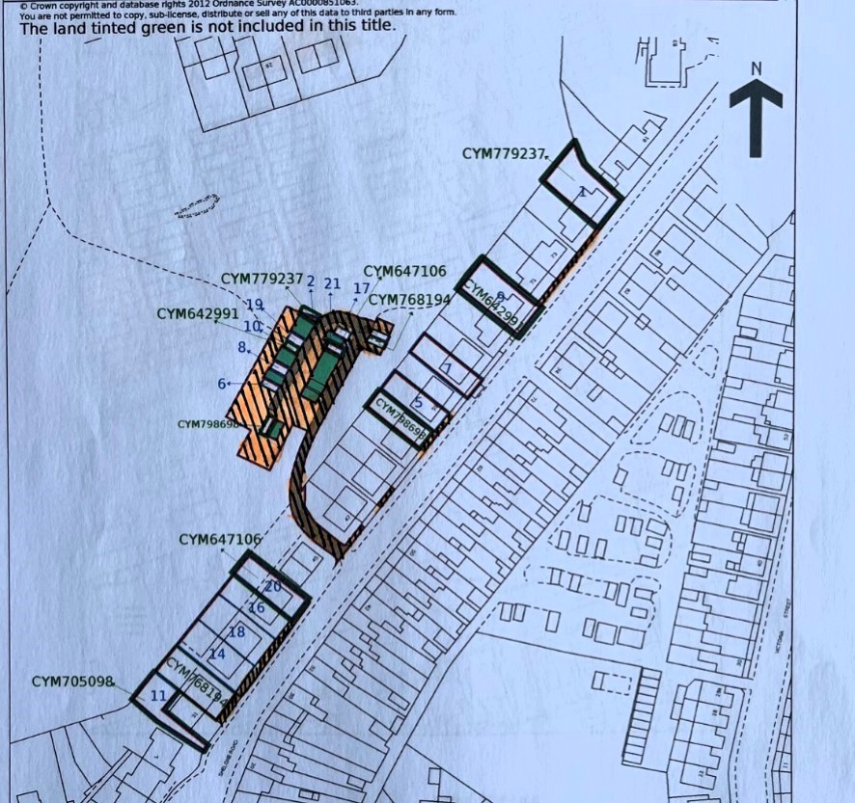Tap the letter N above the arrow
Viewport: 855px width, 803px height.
point(757,68)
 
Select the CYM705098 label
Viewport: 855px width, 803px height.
point(72,682)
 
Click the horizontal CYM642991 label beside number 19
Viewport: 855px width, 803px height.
point(198,314)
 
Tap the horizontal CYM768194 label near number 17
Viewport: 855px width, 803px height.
point(409,300)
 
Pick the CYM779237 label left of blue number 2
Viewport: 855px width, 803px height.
point(262,279)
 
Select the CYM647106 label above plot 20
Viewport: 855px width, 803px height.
point(220,539)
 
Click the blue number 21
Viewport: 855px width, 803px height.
point(333,283)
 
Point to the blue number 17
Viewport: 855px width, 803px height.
point(362,288)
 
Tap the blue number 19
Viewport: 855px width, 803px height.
point(255,305)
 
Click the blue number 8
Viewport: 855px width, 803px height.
point(243,347)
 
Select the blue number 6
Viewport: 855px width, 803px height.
point(223,384)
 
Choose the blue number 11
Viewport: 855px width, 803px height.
point(158,695)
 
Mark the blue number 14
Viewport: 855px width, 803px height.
point(217,655)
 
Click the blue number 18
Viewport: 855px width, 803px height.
point(236,632)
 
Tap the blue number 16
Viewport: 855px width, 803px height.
point(257,608)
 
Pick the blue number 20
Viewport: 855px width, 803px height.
point(272,586)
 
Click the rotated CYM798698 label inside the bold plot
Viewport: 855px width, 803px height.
point(401,420)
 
